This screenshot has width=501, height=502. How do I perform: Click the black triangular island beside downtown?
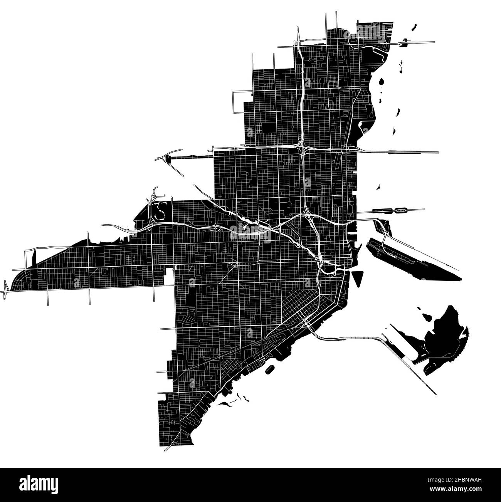(358, 277)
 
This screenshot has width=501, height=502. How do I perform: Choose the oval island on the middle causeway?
(402, 210)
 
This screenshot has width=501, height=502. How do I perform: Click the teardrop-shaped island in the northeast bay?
(382, 82)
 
